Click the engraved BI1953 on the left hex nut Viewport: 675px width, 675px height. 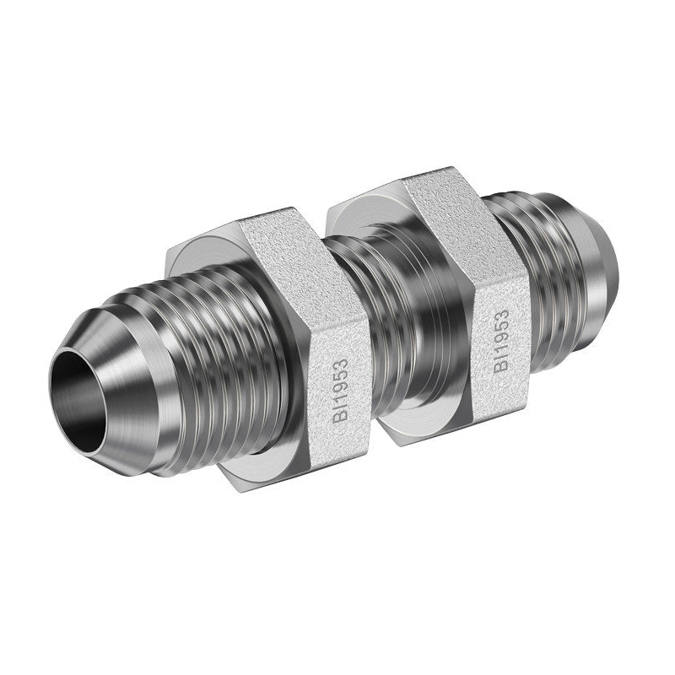pos(340,391)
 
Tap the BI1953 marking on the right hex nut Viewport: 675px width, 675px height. pos(501,341)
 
